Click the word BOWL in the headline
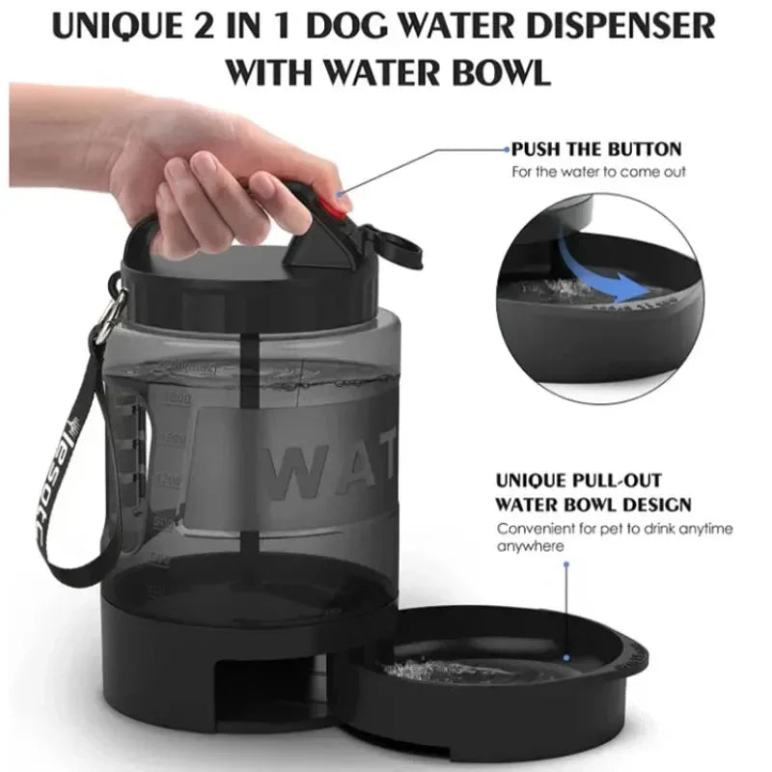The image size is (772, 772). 501,72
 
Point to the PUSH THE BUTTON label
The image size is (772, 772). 596,150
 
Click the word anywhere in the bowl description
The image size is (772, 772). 530,546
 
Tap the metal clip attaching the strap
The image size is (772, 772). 113,307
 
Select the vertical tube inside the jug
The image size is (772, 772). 254,454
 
